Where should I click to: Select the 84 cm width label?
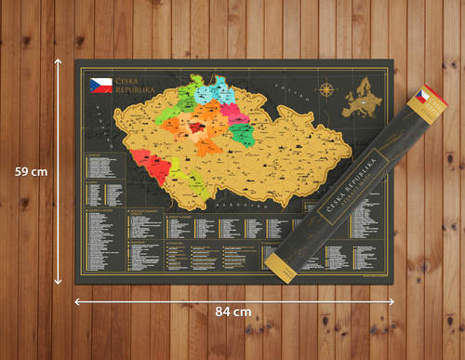[231, 310]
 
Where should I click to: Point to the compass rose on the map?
[327, 91]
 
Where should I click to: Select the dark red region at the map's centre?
[199, 129]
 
